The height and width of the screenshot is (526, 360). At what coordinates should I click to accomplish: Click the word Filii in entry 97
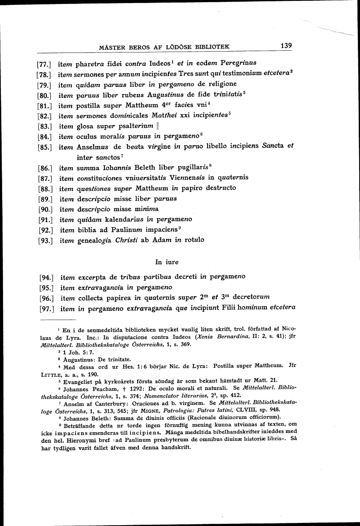(x=221, y=308)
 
